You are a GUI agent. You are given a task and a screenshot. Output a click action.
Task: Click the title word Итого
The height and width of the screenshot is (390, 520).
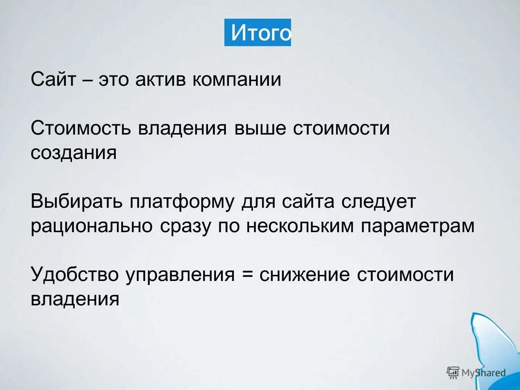(261, 33)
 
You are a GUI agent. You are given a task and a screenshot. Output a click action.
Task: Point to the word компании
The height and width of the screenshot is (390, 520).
(236, 80)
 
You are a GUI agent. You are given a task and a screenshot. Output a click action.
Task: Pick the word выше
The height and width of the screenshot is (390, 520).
(259, 128)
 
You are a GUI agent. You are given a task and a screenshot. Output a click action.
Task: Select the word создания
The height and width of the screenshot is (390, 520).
(74, 153)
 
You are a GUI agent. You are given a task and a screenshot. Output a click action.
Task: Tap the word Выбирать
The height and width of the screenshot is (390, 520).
(76, 202)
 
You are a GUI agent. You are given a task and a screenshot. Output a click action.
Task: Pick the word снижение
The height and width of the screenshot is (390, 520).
(304, 274)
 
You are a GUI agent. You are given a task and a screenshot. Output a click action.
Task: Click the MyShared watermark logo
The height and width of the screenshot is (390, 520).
(476, 372)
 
